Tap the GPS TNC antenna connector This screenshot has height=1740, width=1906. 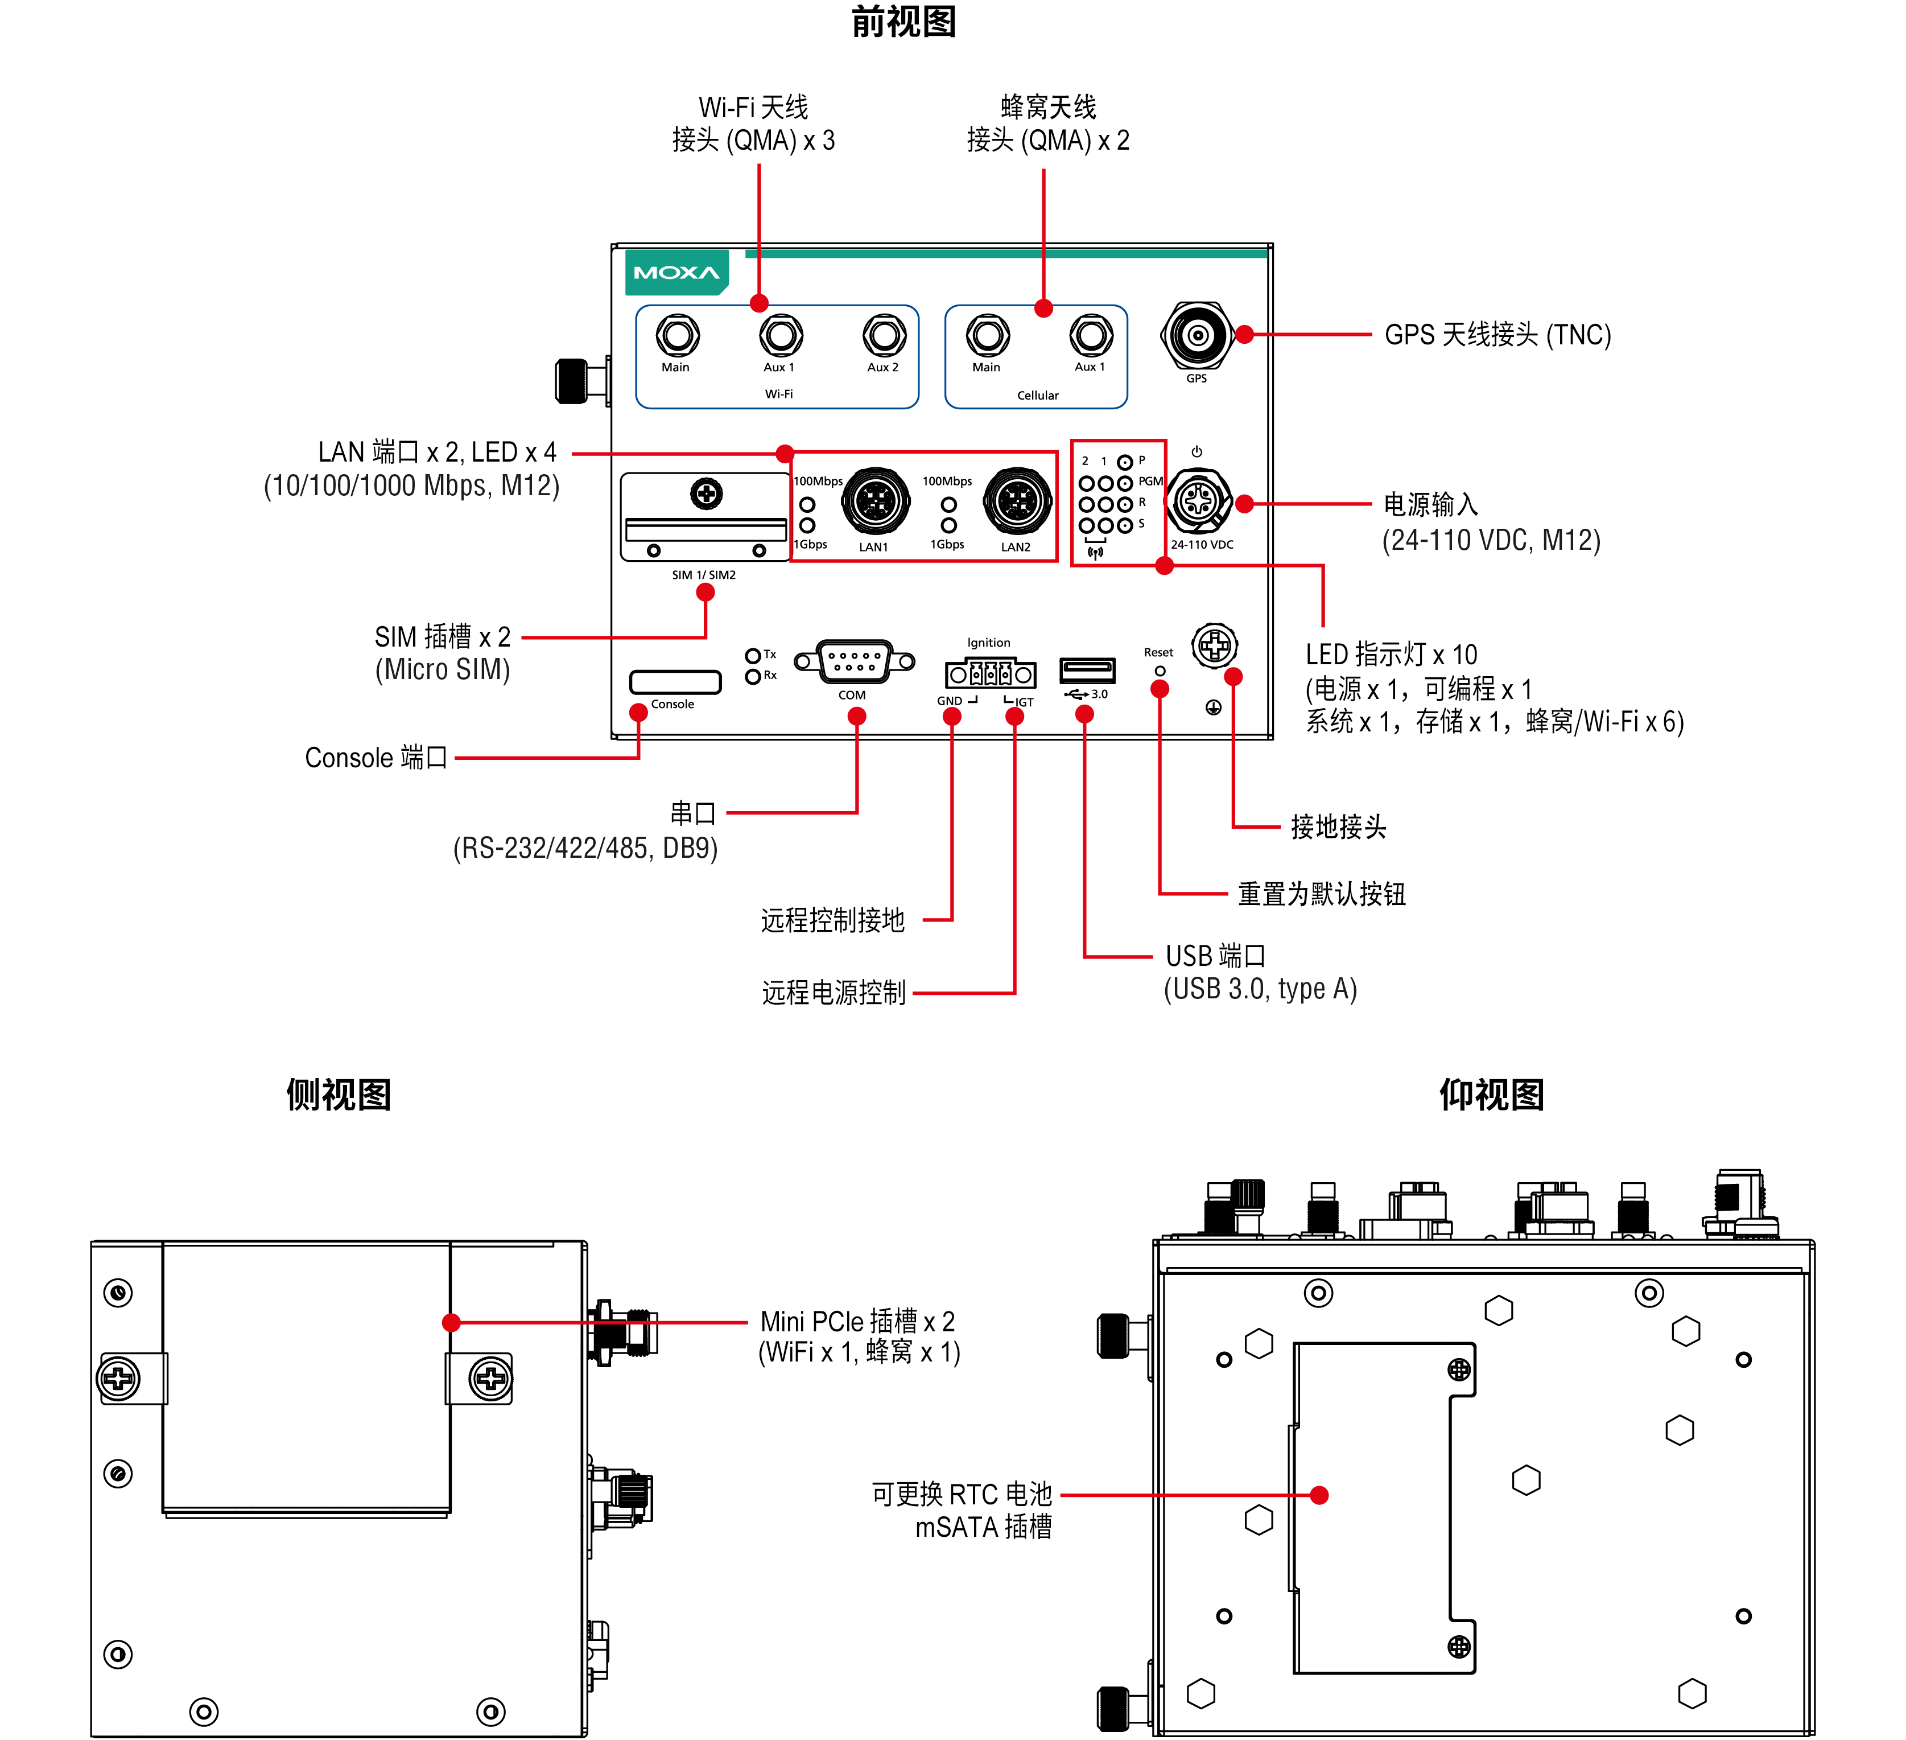[1197, 335]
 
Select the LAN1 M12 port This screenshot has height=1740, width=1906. [876, 501]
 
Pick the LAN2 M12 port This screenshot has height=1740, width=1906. [1017, 501]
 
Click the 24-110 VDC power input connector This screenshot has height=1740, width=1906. [1199, 501]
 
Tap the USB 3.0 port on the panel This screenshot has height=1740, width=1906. [1087, 671]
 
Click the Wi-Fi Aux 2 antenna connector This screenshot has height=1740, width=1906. [884, 335]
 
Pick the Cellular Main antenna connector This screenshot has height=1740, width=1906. [988, 335]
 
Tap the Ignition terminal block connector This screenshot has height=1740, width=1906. [990, 673]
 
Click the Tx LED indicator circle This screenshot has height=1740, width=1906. [753, 655]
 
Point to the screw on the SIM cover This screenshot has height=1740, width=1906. [706, 493]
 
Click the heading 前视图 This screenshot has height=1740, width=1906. [904, 22]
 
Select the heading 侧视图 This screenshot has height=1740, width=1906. [339, 1094]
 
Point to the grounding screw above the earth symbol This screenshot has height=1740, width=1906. [1215, 646]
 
